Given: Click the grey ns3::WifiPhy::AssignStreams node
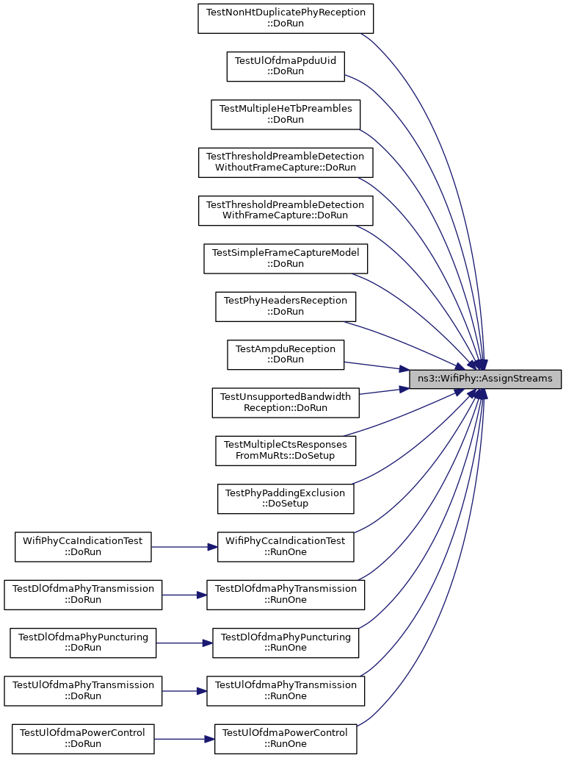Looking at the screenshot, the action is coord(485,379).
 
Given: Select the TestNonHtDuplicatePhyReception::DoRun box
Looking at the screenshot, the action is coord(286,18).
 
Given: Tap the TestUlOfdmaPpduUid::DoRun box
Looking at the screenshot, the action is coord(286,66).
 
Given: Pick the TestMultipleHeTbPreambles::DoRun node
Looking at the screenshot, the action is coord(286,115).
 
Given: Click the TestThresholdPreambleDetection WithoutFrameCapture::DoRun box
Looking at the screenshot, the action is coord(286,162).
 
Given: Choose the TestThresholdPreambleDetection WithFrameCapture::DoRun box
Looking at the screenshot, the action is coord(286,210).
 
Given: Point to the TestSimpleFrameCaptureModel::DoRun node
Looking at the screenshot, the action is coord(286,259).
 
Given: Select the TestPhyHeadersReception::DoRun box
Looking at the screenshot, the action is coord(286,307).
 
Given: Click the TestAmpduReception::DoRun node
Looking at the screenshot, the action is coord(286,354).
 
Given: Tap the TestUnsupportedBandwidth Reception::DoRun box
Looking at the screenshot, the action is coord(286,403).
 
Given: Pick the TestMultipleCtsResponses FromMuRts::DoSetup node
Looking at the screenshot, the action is coord(286,451).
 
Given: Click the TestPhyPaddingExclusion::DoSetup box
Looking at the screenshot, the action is coord(286,498).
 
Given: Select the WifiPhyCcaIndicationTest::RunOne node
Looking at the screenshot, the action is coord(286,547).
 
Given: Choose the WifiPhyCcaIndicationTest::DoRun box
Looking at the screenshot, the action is coord(83,547).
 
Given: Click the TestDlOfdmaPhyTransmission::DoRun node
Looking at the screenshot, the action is coord(83,595).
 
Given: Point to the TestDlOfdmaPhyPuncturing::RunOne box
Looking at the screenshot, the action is coord(286,643).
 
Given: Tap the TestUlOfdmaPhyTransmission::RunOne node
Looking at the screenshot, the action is coord(286,691).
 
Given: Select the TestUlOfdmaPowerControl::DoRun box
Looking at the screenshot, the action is coord(83,739).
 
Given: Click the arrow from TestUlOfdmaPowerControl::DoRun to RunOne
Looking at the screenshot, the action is coord(184,739).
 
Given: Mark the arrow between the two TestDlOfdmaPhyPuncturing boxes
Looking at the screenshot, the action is coord(184,643).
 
